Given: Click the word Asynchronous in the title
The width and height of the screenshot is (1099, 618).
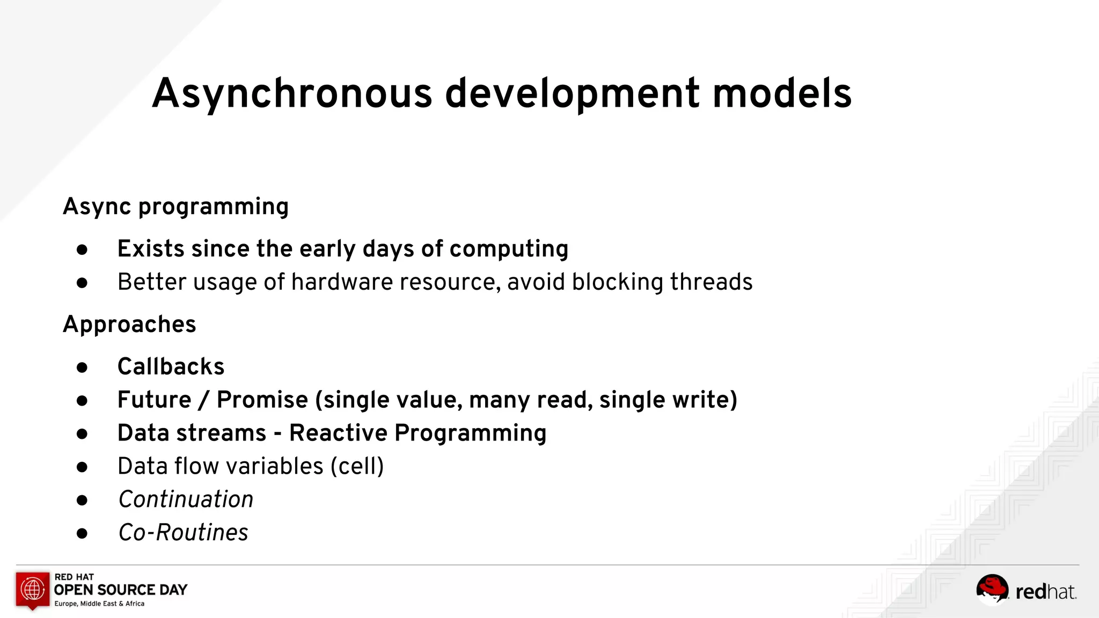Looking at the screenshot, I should pos(292,94).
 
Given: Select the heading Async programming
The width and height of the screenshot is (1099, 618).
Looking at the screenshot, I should pos(175,207).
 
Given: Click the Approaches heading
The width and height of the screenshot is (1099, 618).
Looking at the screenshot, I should pos(129,325).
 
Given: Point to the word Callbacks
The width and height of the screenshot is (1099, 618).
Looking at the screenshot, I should pos(171,367).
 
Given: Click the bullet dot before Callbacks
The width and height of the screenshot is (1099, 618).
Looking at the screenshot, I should pos(82,367).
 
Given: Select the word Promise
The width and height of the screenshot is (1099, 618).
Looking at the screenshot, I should pos(262,400).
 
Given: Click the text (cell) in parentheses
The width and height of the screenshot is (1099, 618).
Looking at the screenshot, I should pos(357,466).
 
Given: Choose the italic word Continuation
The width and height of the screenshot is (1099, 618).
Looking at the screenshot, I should pos(186,499).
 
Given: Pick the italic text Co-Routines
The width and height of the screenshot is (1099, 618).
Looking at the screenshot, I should pos(183,533).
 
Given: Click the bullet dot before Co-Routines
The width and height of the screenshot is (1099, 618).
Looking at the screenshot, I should pos(82,533).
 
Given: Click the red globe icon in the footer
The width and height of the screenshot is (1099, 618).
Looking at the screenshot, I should pos(33,589).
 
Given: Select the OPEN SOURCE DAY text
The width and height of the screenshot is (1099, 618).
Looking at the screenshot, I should pos(121,590).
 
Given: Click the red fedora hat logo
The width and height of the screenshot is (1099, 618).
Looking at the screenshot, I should pos(992,588).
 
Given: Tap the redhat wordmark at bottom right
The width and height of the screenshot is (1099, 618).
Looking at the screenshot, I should pos(1045,592).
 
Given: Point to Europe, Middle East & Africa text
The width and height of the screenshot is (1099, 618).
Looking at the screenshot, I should pos(99,604).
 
